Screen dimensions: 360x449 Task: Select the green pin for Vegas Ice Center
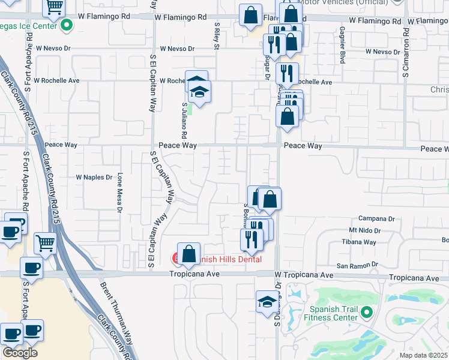coord(67,25)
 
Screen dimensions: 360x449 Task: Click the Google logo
coord(20,353)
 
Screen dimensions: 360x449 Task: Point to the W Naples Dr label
coord(94,178)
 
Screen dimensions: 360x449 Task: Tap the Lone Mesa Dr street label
coord(119,193)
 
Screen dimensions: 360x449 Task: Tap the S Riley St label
coord(217,37)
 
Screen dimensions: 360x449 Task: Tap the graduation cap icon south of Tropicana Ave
coord(267,302)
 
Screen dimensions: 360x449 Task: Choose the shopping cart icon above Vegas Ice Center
coord(55,7)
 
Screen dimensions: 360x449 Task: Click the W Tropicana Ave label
coord(304,275)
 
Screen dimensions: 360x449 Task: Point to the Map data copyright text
coord(424,355)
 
